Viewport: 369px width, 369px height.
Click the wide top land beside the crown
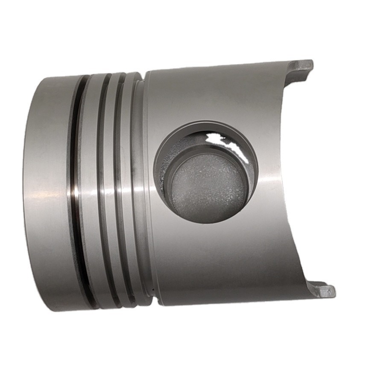pos(49,188)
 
